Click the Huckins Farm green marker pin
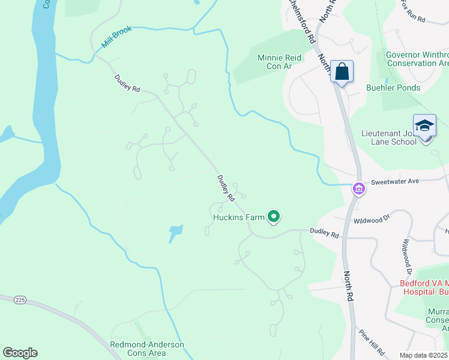coord(274,216)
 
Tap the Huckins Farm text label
coord(238,217)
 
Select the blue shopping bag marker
coord(342,72)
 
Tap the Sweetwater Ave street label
coord(394,181)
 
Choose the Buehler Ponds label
coord(393,88)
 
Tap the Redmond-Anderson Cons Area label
coord(147,349)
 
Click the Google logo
coord(20,353)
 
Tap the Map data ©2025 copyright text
coord(424,355)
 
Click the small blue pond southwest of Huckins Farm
coord(175,233)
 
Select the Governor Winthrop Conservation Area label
coord(417,58)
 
